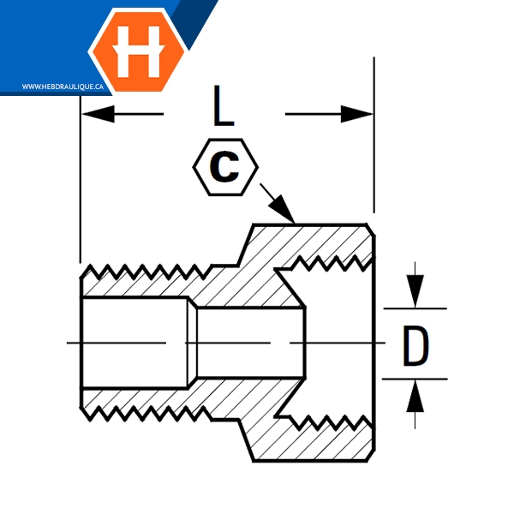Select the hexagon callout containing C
225,167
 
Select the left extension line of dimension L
80,188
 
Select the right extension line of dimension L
374,128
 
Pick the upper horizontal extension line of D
415,308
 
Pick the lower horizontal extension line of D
415,378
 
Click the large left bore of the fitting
133,343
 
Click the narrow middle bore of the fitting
248,343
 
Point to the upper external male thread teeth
146,272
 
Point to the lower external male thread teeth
146,413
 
